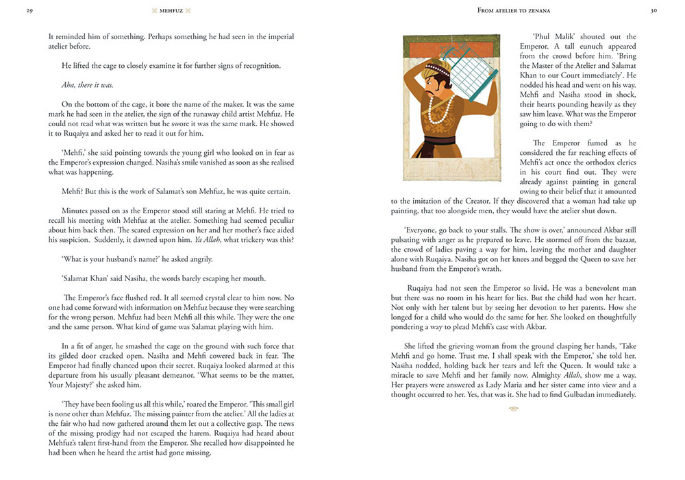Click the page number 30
tap(653, 11)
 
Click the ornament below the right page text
tap(514, 409)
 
